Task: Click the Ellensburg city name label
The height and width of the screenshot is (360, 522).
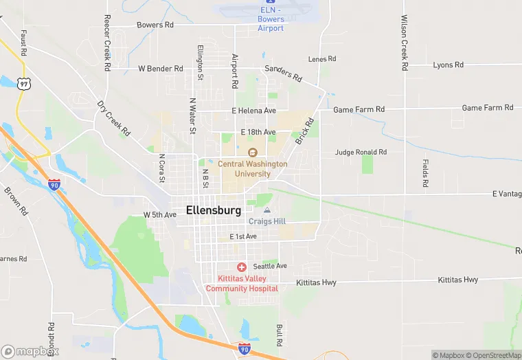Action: coord(214,210)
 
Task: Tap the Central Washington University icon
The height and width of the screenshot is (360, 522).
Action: coord(252,153)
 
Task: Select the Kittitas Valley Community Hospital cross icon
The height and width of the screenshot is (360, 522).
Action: coord(241,267)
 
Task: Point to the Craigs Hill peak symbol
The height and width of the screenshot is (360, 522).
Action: coord(267,210)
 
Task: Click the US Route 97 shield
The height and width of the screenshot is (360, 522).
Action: coord(25,83)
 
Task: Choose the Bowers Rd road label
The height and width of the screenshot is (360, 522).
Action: coord(155,25)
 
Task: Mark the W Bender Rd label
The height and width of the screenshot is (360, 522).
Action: coord(161,69)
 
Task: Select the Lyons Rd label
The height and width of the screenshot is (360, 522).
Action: coord(449,65)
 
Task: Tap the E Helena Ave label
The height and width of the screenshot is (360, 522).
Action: coord(253,111)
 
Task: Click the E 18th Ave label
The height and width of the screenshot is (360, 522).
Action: coord(258,132)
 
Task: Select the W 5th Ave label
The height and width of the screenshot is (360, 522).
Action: coord(160,215)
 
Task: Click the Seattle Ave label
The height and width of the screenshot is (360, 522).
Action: coord(270,266)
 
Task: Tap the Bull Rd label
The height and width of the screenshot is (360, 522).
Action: coord(280,335)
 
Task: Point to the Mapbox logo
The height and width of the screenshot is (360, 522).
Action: coord(29,351)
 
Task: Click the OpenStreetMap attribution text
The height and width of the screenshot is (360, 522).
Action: coord(493,355)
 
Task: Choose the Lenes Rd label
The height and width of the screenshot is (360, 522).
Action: coord(322,59)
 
